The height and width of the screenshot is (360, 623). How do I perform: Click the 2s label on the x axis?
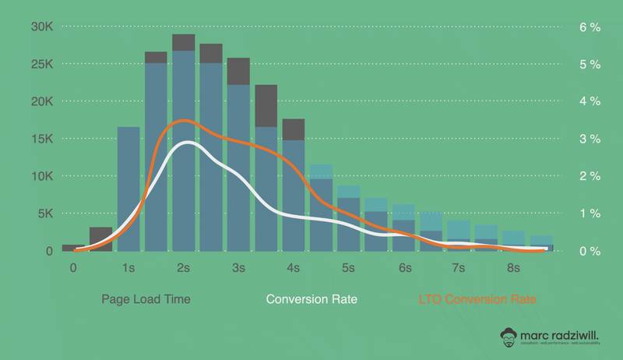(x=184, y=268)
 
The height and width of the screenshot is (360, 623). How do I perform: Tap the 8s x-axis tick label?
(x=514, y=268)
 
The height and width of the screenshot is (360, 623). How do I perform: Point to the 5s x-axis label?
(x=349, y=268)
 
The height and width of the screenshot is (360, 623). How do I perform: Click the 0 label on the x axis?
(x=73, y=268)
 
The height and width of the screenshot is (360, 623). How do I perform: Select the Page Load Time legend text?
(x=146, y=299)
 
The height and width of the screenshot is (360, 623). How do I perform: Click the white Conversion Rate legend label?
(x=311, y=299)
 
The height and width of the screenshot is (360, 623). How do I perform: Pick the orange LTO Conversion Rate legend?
(x=477, y=299)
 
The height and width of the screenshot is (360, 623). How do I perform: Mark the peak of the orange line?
(x=184, y=121)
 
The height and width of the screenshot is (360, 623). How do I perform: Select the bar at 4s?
(x=294, y=187)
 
